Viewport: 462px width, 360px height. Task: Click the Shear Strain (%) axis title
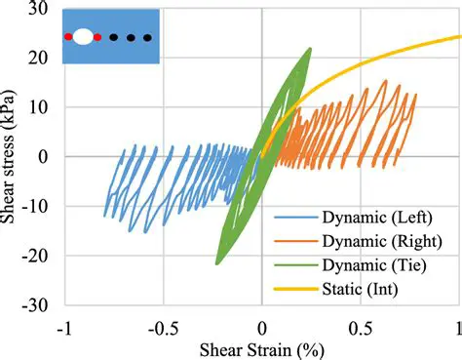[262, 347]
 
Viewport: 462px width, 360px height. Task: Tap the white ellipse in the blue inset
[83, 37]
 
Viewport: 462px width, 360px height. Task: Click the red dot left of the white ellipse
[68, 37]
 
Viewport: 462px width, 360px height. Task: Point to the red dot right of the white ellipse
[97, 37]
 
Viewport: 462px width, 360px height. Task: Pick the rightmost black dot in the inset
[147, 37]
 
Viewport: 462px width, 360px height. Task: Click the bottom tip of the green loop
[216, 263]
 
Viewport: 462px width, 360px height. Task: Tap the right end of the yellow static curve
[459, 37]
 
